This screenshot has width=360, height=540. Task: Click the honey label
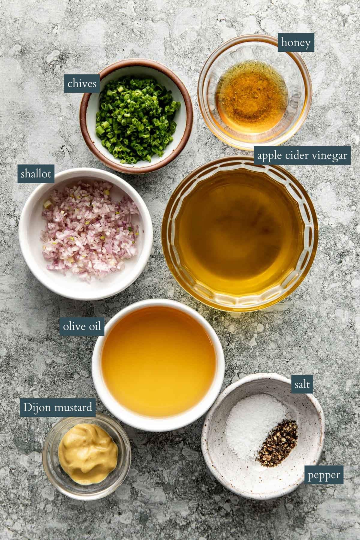coord(296,43)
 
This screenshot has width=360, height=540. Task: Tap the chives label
coord(82,83)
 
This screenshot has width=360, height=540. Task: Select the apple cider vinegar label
coord(302,156)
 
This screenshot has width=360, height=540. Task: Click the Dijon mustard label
coord(58,408)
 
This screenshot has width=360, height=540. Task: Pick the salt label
coord(302,385)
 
